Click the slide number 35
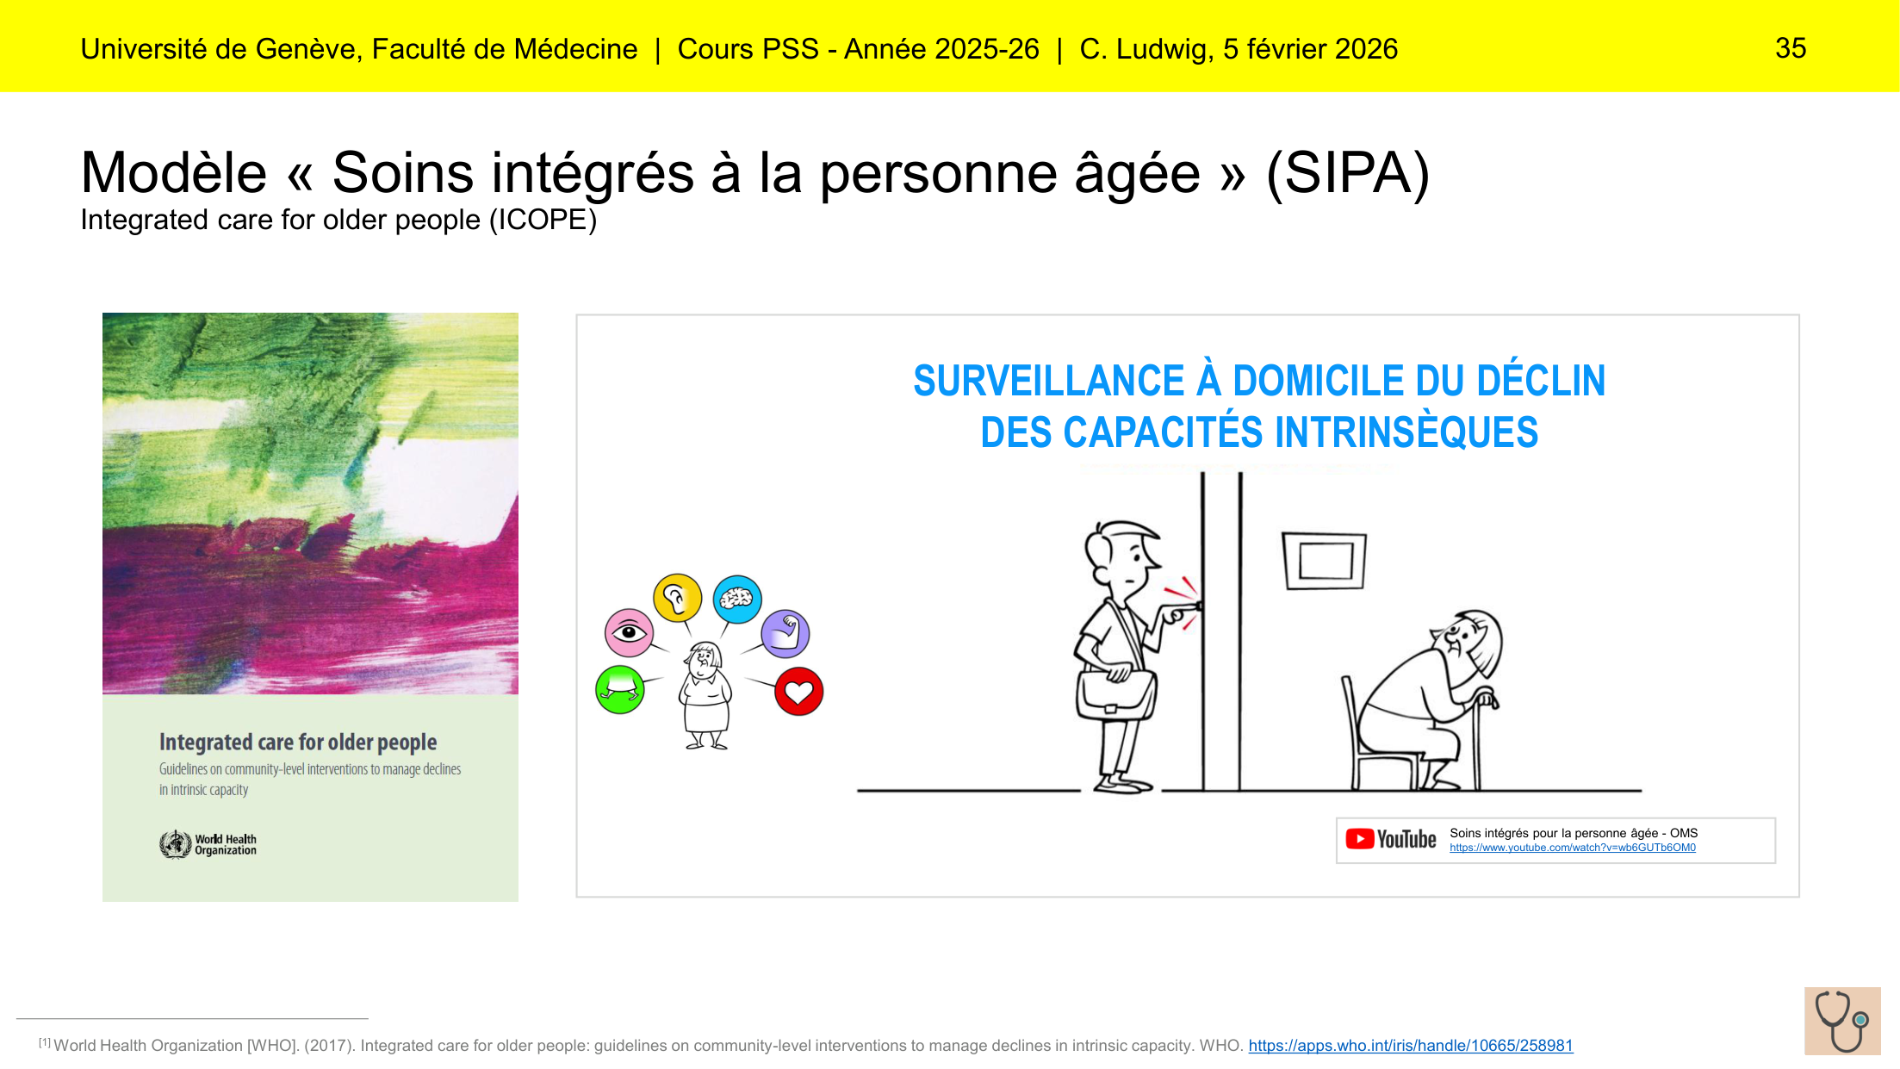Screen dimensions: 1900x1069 click(x=1791, y=48)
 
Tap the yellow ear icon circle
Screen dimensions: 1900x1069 click(x=677, y=597)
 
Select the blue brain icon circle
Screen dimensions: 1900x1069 click(x=737, y=599)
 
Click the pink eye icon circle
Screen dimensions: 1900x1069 click(x=629, y=633)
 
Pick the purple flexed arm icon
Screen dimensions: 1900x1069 click(x=785, y=634)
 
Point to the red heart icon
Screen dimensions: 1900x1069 click(x=798, y=691)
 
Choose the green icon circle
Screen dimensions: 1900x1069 click(x=620, y=689)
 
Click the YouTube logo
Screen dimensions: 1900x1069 click(x=1390, y=839)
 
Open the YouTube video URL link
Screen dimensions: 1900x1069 click(x=1572, y=848)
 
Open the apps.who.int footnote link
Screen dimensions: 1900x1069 click(x=1410, y=1046)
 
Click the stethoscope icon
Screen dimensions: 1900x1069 click(x=1842, y=1021)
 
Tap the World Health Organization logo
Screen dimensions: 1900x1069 click(x=208, y=844)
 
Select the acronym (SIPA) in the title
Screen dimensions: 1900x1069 click(x=1348, y=173)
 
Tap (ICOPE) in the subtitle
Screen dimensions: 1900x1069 click(x=543, y=221)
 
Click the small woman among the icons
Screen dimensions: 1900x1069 click(x=705, y=696)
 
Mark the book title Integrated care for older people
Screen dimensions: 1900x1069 click(x=298, y=743)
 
